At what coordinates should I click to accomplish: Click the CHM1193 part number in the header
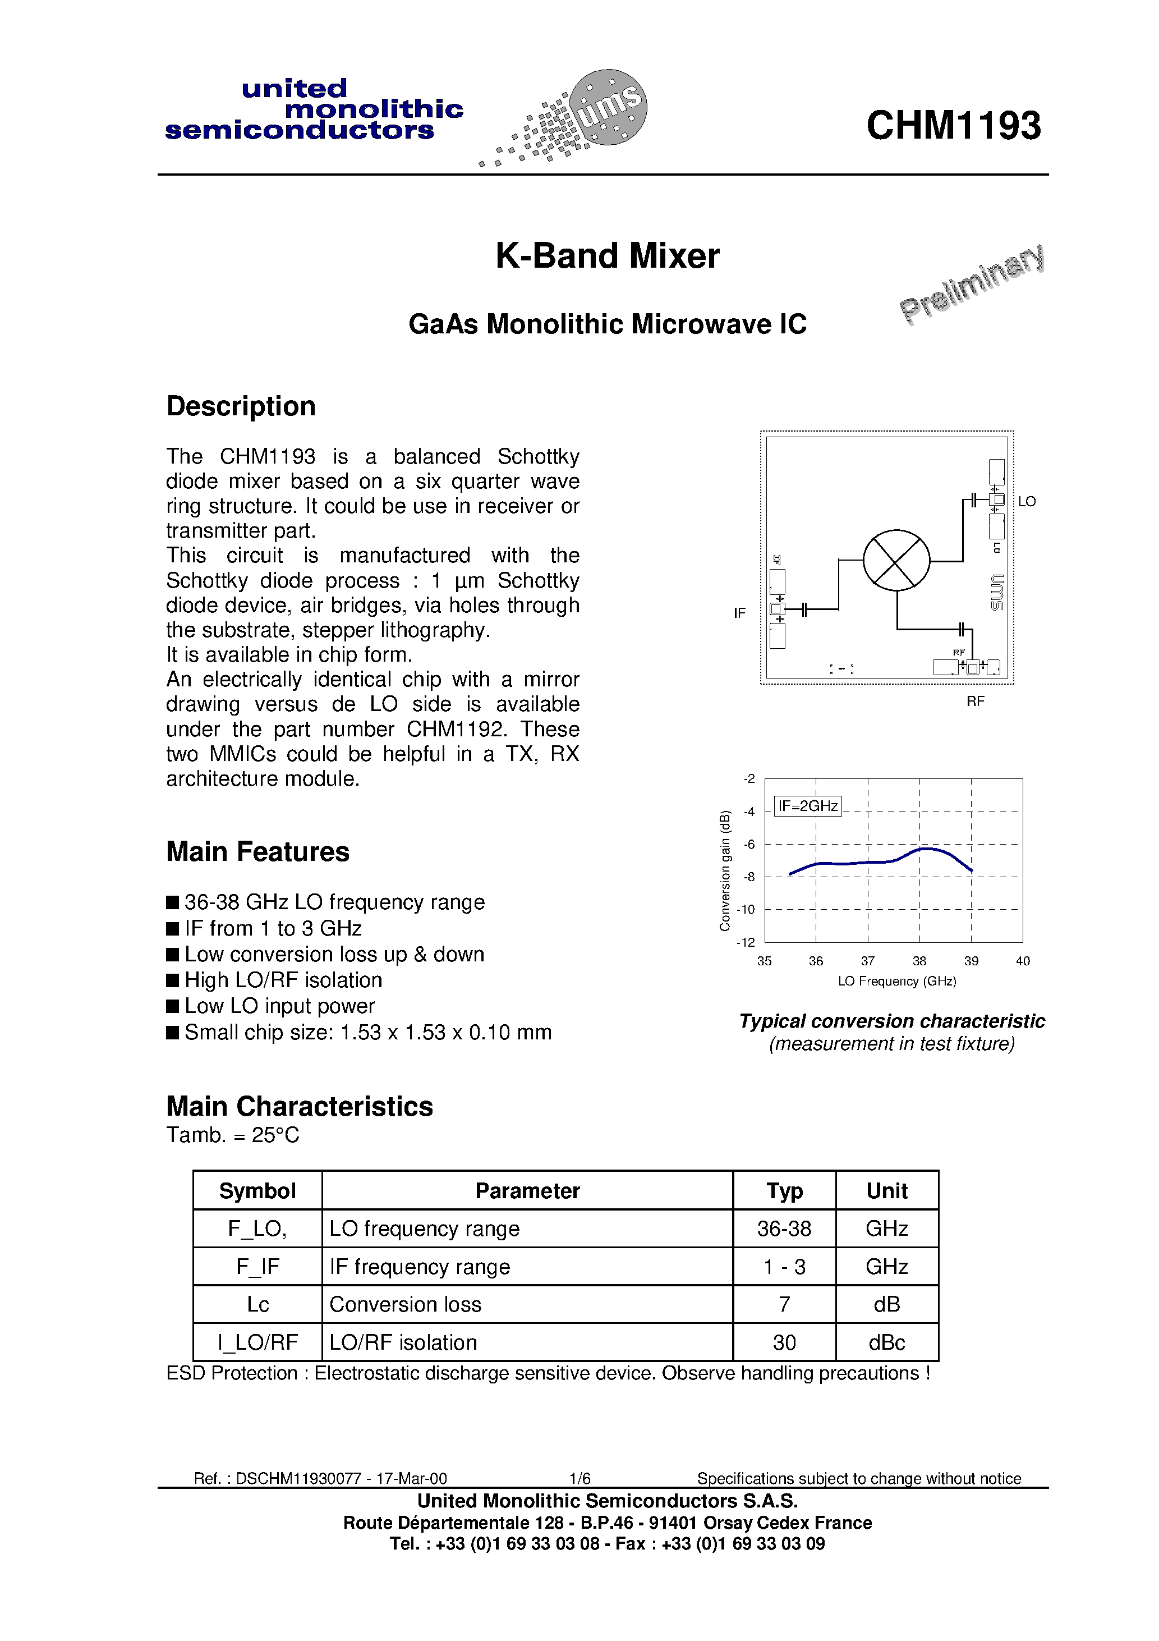click(x=953, y=126)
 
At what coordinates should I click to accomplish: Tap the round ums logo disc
click(x=608, y=107)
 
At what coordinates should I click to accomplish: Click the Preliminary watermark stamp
click(x=972, y=284)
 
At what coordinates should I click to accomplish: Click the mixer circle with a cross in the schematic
click(x=896, y=560)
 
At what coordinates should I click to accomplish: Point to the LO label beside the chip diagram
click(x=1027, y=502)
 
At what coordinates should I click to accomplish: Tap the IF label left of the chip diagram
click(x=739, y=613)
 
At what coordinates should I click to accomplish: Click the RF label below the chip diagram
click(x=976, y=702)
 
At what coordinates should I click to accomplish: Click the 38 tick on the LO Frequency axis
click(x=919, y=961)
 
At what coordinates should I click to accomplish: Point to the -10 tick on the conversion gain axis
click(x=746, y=910)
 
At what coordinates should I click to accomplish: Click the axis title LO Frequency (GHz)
click(x=897, y=982)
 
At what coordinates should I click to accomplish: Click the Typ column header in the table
click(x=784, y=1191)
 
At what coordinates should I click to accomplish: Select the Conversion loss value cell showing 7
click(x=784, y=1304)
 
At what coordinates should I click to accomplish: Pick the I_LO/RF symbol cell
click(x=257, y=1342)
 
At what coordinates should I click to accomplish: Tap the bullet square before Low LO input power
click(x=172, y=1006)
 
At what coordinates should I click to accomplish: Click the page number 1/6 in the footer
click(x=579, y=1478)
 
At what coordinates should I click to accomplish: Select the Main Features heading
click(x=257, y=852)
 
